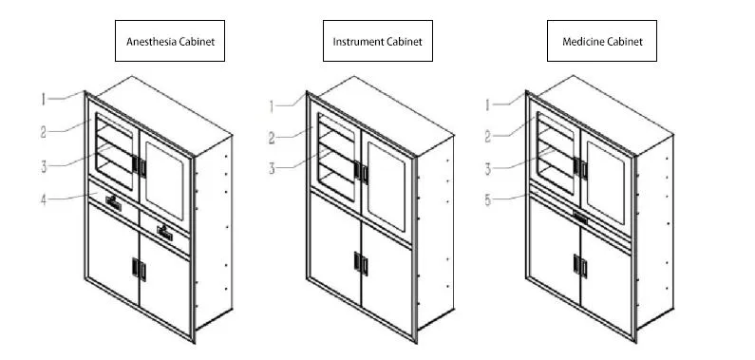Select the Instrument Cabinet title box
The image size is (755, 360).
(376, 42)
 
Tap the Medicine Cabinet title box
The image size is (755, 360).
(602, 42)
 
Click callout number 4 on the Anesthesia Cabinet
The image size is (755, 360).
(43, 198)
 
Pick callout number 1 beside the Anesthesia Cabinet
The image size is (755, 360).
(43, 98)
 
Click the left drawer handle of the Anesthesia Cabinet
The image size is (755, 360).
(113, 201)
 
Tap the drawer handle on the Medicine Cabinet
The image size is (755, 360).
(578, 218)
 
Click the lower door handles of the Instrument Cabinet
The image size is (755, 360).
(361, 262)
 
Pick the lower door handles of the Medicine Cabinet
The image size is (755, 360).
(577, 264)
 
